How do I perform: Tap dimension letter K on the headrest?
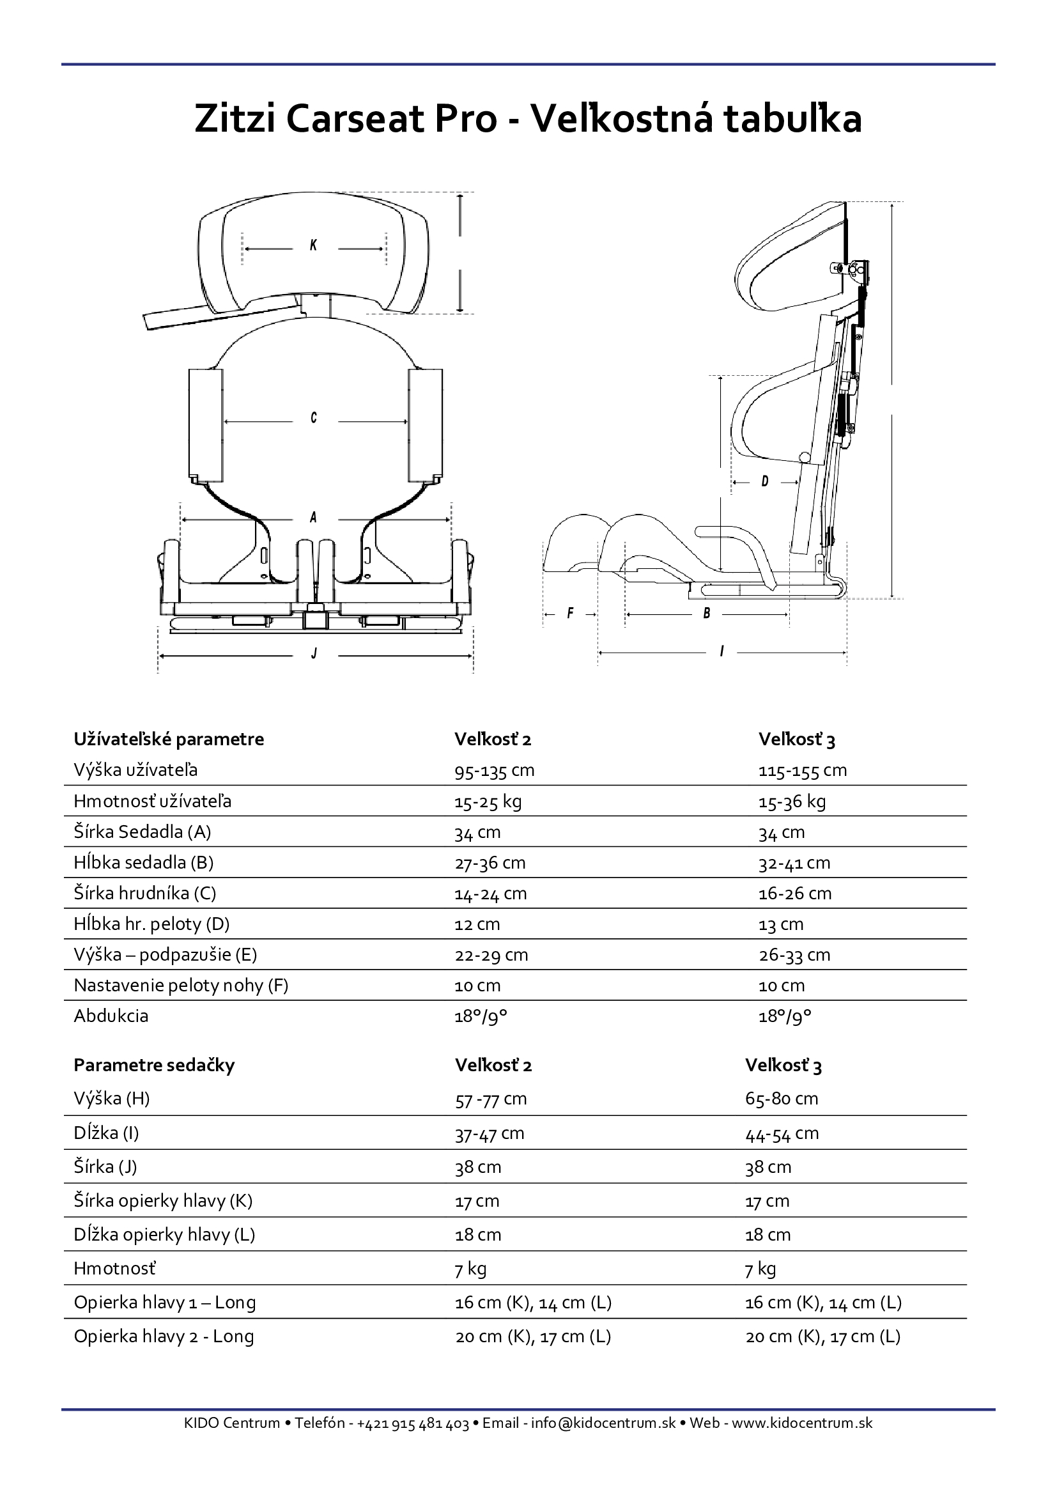tap(314, 245)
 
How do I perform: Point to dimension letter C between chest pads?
tap(314, 417)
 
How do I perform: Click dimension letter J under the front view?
tap(314, 653)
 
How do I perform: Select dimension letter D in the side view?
tap(765, 481)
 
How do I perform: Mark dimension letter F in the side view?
tap(570, 613)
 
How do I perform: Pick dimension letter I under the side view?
tap(721, 651)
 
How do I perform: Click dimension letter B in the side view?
tap(707, 613)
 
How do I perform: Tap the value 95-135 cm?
tap(494, 770)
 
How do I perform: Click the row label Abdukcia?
tap(111, 1016)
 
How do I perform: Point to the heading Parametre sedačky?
tap(154, 1065)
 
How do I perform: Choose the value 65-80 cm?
tap(782, 1099)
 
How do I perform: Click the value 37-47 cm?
tap(490, 1133)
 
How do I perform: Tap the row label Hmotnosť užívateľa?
tap(152, 801)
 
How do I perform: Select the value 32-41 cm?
tap(794, 863)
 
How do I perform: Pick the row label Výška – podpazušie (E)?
tap(166, 954)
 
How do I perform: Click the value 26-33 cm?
tap(794, 954)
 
